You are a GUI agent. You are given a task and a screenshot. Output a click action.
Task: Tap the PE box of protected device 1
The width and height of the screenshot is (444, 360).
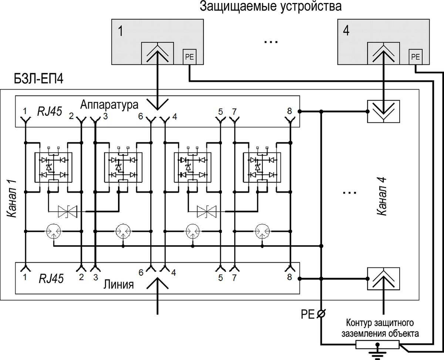click(189, 57)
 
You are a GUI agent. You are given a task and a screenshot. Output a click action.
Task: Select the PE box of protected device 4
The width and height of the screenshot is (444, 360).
click(416, 57)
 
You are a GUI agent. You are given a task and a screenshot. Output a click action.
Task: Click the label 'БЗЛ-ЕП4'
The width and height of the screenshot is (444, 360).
click(38, 79)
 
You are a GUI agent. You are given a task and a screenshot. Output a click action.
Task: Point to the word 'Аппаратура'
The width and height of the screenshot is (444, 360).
click(109, 104)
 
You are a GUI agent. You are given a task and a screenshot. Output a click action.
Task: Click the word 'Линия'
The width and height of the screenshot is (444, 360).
click(119, 284)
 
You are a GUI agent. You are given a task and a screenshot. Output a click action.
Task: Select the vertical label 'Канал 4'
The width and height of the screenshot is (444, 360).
click(382, 196)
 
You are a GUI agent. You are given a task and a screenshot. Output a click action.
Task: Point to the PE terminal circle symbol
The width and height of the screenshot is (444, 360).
click(321, 313)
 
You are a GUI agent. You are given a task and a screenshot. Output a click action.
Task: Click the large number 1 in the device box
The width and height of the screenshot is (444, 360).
click(121, 31)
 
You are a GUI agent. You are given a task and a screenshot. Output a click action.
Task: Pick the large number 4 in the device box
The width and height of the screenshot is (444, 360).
click(346, 31)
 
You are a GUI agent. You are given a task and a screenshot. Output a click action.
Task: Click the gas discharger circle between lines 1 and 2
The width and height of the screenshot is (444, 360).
click(54, 231)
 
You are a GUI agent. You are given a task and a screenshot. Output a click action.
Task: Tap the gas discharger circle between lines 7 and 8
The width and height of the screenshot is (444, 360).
click(262, 231)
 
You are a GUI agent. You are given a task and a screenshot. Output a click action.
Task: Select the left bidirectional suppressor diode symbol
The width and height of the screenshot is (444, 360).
click(67, 212)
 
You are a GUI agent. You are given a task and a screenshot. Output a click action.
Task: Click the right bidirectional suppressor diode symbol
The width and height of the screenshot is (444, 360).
click(206, 212)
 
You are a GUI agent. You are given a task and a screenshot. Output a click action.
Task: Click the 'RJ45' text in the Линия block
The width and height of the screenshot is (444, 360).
click(51, 279)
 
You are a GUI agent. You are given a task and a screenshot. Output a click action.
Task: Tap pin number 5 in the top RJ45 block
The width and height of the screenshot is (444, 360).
click(221, 112)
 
